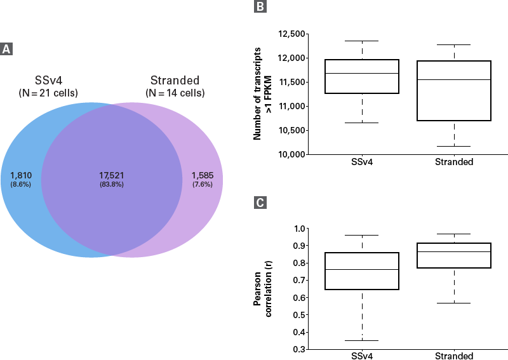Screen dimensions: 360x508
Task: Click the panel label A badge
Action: (x=7, y=49)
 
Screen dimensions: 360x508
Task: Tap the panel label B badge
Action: (x=260, y=8)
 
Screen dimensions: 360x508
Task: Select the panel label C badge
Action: (x=260, y=203)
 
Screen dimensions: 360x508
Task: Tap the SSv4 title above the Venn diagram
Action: (x=48, y=81)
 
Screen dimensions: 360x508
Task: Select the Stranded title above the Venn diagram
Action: (x=175, y=81)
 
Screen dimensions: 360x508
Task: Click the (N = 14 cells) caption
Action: (x=175, y=93)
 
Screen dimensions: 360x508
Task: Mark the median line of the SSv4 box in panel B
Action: (x=362, y=73)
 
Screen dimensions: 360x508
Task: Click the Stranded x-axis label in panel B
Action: (x=454, y=163)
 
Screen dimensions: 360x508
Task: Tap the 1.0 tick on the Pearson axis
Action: (x=298, y=229)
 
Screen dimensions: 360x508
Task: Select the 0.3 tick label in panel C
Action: (x=298, y=349)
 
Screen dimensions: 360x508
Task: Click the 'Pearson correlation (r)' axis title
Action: (x=262, y=289)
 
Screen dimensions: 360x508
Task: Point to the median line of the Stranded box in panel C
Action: (x=454, y=251)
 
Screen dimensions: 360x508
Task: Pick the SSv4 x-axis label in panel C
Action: (x=362, y=356)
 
